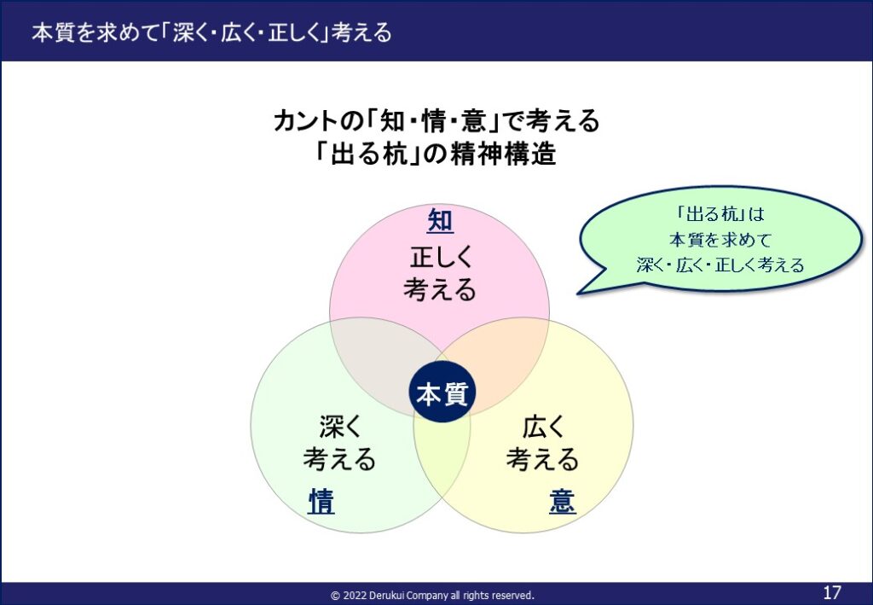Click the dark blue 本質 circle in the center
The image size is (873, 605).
point(442,392)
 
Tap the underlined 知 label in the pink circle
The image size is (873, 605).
point(441,221)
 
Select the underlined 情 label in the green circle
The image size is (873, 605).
point(321,501)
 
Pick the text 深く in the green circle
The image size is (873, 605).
point(340,427)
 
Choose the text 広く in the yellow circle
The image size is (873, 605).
point(543,427)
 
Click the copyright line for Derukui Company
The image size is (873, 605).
point(432,595)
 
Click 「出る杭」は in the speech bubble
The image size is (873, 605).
point(721,214)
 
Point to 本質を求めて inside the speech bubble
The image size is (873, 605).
point(720,240)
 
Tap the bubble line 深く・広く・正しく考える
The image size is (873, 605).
point(721,265)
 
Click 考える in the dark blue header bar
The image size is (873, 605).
point(361,32)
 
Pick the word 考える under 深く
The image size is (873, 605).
point(339,459)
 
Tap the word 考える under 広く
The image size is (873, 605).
point(543,459)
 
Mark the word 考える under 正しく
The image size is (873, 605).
point(441,289)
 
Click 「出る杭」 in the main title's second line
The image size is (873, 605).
point(368,154)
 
